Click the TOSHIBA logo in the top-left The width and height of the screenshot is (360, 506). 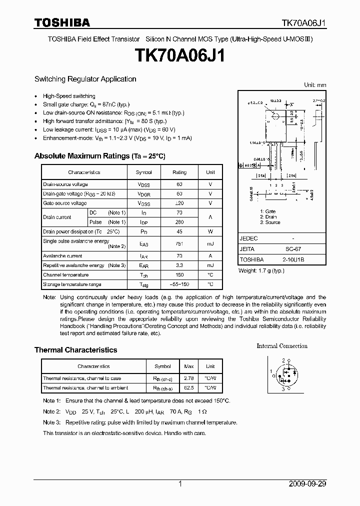[62, 22]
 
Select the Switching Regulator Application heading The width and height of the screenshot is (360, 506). [85, 79]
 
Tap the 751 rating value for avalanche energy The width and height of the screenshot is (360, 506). [179, 243]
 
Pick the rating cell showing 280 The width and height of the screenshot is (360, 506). [179, 222]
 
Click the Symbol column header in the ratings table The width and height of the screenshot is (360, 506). [144, 172]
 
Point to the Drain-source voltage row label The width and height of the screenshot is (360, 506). [65, 184]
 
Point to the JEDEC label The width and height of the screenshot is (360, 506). [248, 238]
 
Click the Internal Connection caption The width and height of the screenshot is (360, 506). [282, 346]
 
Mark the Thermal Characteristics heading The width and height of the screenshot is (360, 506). [75, 350]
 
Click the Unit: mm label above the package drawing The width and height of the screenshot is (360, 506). [315, 85]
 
